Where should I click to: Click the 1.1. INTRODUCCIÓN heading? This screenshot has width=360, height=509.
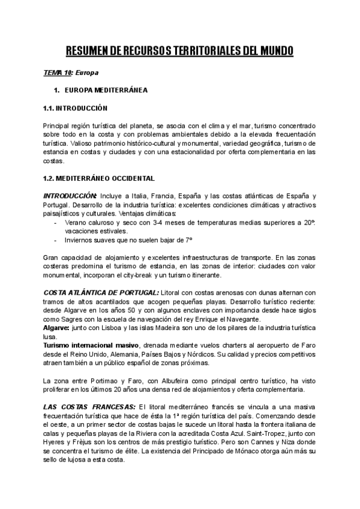pyautogui.click(x=74, y=109)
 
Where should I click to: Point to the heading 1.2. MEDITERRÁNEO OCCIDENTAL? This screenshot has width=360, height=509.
pyautogui.click(x=99, y=178)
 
